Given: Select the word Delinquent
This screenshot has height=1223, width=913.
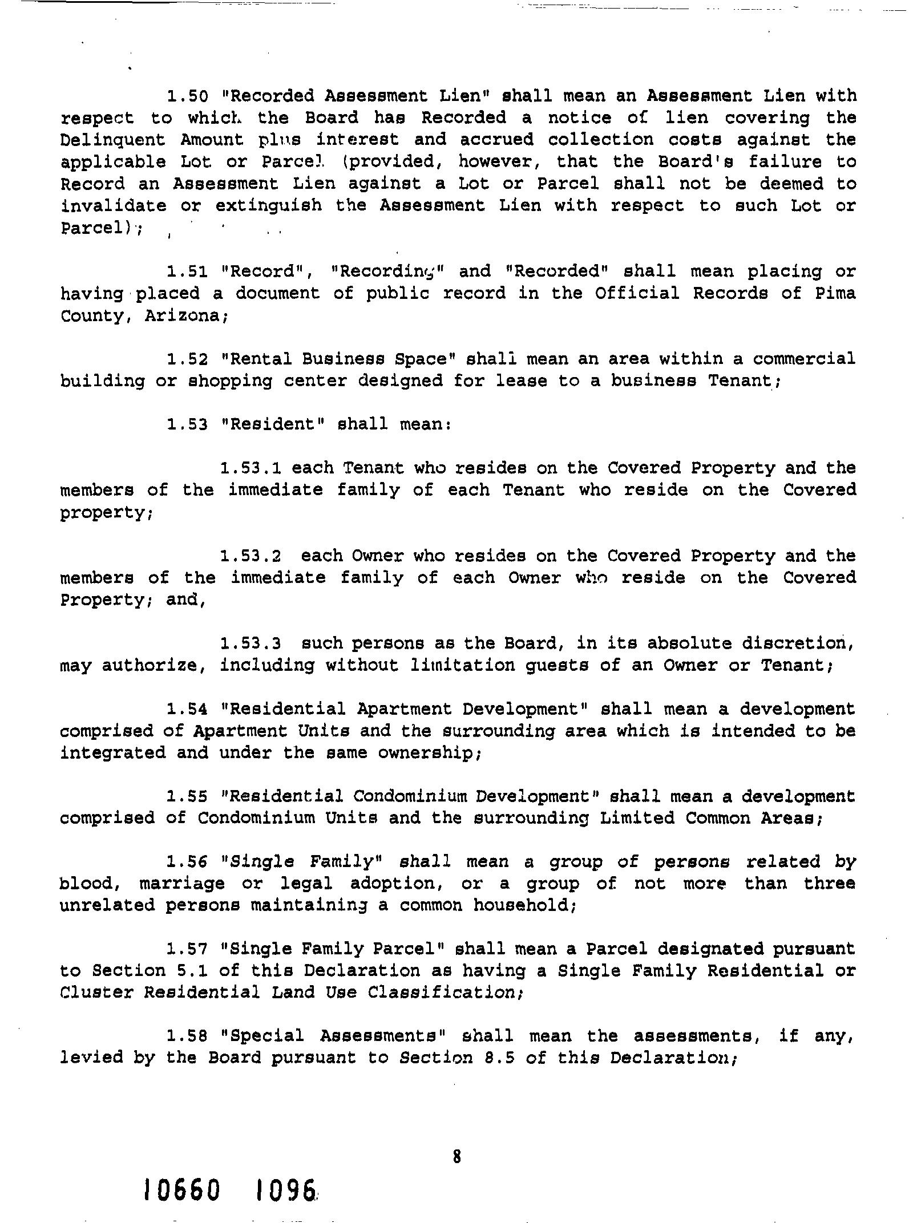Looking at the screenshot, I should [113, 140].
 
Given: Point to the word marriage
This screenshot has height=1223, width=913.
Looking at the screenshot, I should [182, 884].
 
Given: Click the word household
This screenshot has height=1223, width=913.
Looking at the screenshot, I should [524, 906].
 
